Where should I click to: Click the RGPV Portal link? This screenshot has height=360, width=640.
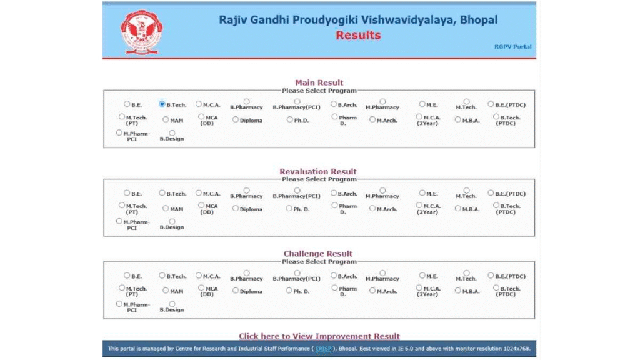click(512, 47)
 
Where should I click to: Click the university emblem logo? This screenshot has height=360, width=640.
click(142, 31)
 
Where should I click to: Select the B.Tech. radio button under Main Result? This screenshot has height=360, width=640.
click(162, 104)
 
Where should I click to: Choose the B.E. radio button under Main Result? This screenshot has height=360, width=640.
click(127, 104)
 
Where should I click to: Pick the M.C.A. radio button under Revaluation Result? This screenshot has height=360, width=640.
click(199, 193)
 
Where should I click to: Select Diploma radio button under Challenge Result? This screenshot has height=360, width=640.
click(236, 291)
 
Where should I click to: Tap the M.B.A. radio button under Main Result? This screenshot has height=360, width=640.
click(458, 119)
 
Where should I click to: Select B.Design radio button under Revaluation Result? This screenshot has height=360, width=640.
click(172, 221)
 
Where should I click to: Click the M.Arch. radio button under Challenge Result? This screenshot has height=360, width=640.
click(372, 291)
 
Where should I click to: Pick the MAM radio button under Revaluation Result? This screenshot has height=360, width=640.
click(166, 209)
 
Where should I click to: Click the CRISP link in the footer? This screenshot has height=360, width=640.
click(323, 349)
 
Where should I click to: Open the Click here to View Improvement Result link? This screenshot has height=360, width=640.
click(319, 336)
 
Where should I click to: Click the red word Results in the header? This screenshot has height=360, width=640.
click(358, 35)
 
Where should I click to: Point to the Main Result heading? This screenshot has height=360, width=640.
click(319, 82)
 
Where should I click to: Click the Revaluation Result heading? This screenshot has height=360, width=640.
click(318, 171)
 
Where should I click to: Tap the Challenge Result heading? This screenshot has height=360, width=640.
click(318, 254)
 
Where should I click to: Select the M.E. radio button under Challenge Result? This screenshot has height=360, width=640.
click(422, 276)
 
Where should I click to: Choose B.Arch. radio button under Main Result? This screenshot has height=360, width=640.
click(334, 104)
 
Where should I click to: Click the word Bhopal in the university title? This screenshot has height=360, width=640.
click(479, 20)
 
